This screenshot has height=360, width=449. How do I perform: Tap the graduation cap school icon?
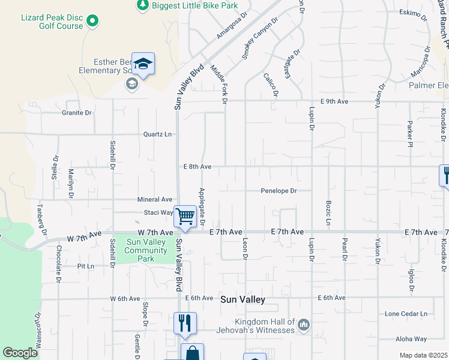click(143, 64)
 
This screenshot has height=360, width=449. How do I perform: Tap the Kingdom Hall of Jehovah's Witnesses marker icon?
click(303, 325)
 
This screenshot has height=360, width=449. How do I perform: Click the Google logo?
click(20, 353)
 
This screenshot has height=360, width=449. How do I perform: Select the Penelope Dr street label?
click(279, 191)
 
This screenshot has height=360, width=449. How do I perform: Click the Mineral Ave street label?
click(154, 199)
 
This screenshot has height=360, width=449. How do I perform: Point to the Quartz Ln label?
click(158, 134)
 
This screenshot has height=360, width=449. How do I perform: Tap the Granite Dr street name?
click(76, 112)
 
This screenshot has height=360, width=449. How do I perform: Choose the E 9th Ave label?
click(334, 101)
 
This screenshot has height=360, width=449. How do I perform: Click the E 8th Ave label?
click(197, 166)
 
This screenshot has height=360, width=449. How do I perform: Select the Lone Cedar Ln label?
click(406, 314)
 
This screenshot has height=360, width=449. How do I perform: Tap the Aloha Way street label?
click(411, 339)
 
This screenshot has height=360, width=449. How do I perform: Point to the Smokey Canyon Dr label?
click(261, 38)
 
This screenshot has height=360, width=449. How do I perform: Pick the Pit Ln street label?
click(86, 266)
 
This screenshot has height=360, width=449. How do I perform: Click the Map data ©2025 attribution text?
click(423, 355)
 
